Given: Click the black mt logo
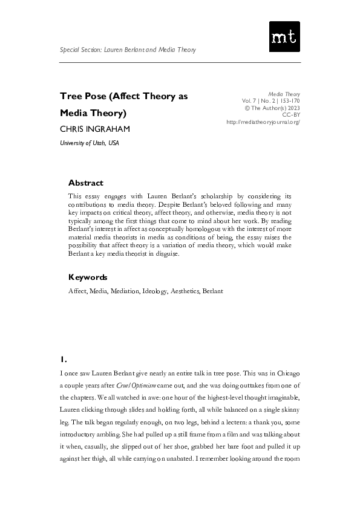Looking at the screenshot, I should [284, 37].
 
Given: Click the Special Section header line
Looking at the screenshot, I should [128, 50].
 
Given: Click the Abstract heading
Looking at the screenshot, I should [86, 183].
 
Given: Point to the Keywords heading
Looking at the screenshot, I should [88, 277].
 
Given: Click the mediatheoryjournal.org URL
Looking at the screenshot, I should [263, 122].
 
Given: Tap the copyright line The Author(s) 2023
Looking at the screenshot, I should [272, 108].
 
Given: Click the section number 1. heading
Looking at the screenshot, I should [64, 358].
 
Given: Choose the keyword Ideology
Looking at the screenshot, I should [155, 291].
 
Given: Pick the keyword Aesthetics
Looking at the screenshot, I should [185, 291].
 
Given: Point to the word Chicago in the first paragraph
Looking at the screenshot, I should [286, 375].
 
